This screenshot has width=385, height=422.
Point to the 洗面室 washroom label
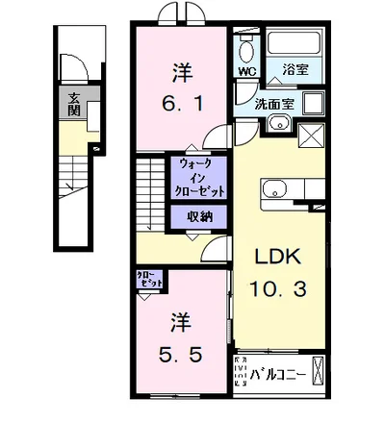click(x=274, y=103)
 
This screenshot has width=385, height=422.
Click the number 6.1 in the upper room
click(x=181, y=100)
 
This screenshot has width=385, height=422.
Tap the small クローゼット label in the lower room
click(x=150, y=282)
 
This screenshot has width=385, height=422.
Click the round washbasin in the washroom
click(x=279, y=122)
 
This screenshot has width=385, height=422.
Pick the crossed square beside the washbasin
click(x=313, y=137)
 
